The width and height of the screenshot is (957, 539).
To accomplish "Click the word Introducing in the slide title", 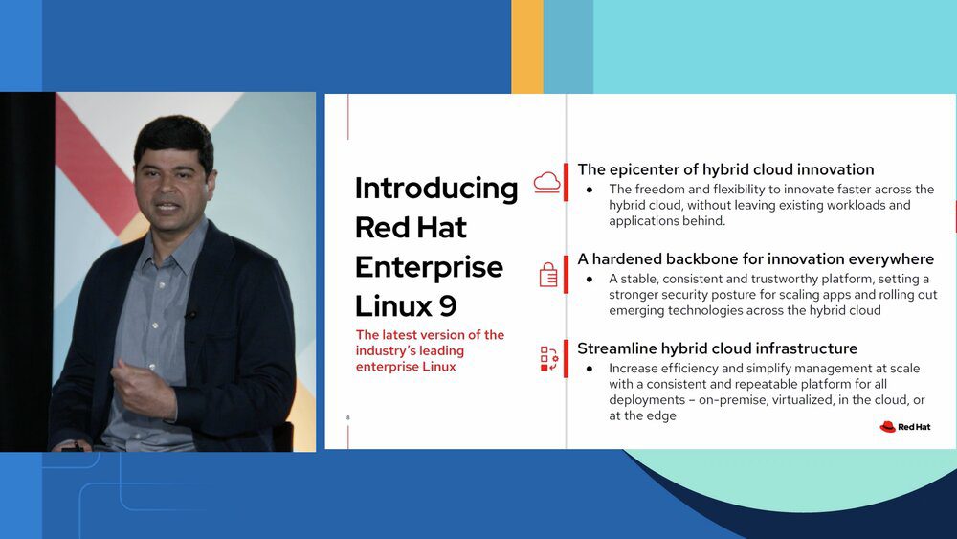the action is click(x=436, y=189).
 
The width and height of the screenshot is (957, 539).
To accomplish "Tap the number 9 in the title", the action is click(x=447, y=305).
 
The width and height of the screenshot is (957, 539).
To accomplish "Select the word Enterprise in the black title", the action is click(x=429, y=268).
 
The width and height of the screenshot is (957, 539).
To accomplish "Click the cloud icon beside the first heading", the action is click(x=546, y=183).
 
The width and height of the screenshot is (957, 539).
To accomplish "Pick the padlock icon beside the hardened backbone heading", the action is click(x=548, y=275).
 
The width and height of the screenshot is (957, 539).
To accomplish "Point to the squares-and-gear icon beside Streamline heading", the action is click(x=549, y=359).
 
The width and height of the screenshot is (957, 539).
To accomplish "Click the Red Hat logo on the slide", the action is click(x=905, y=427).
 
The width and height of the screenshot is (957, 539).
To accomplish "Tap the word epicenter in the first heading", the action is click(x=654, y=170).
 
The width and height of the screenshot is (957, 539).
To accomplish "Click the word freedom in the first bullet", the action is click(x=660, y=190).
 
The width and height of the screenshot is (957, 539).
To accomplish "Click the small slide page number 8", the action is click(x=348, y=418).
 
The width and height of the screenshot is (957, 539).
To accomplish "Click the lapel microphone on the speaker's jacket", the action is click(x=190, y=315).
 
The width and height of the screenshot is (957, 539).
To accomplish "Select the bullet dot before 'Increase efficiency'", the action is click(x=590, y=369).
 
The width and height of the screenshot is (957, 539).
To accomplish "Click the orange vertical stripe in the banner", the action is click(x=526, y=46).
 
